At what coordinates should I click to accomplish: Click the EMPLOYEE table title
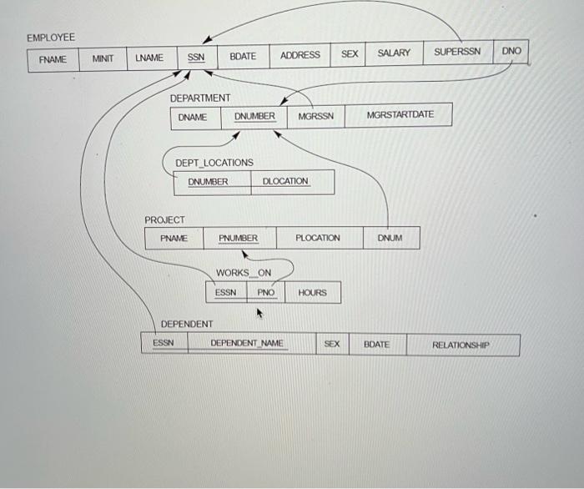point(51,38)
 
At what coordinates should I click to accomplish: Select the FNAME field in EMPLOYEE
point(52,59)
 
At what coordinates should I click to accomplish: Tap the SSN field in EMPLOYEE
point(196,58)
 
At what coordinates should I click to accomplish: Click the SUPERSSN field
point(457,53)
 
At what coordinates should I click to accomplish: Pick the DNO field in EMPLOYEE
point(511,52)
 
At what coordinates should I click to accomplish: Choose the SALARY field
point(394,53)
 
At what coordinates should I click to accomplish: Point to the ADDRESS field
point(300,55)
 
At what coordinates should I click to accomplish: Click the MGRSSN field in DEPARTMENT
point(315,116)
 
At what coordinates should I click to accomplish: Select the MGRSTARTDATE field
point(400,114)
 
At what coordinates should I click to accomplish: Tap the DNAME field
point(193,118)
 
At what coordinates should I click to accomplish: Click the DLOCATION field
point(285,181)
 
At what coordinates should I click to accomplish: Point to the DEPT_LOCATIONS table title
point(214,163)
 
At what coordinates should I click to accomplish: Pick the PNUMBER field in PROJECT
point(239,239)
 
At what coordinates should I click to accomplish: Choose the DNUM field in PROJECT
point(390,238)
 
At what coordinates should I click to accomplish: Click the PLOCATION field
point(318,238)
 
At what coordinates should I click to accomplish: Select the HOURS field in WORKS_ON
point(312,293)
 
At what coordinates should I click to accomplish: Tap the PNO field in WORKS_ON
point(266,293)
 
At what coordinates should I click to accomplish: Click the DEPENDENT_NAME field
point(247,343)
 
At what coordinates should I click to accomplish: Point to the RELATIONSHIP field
point(461,345)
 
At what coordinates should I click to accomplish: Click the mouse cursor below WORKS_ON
point(259,314)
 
